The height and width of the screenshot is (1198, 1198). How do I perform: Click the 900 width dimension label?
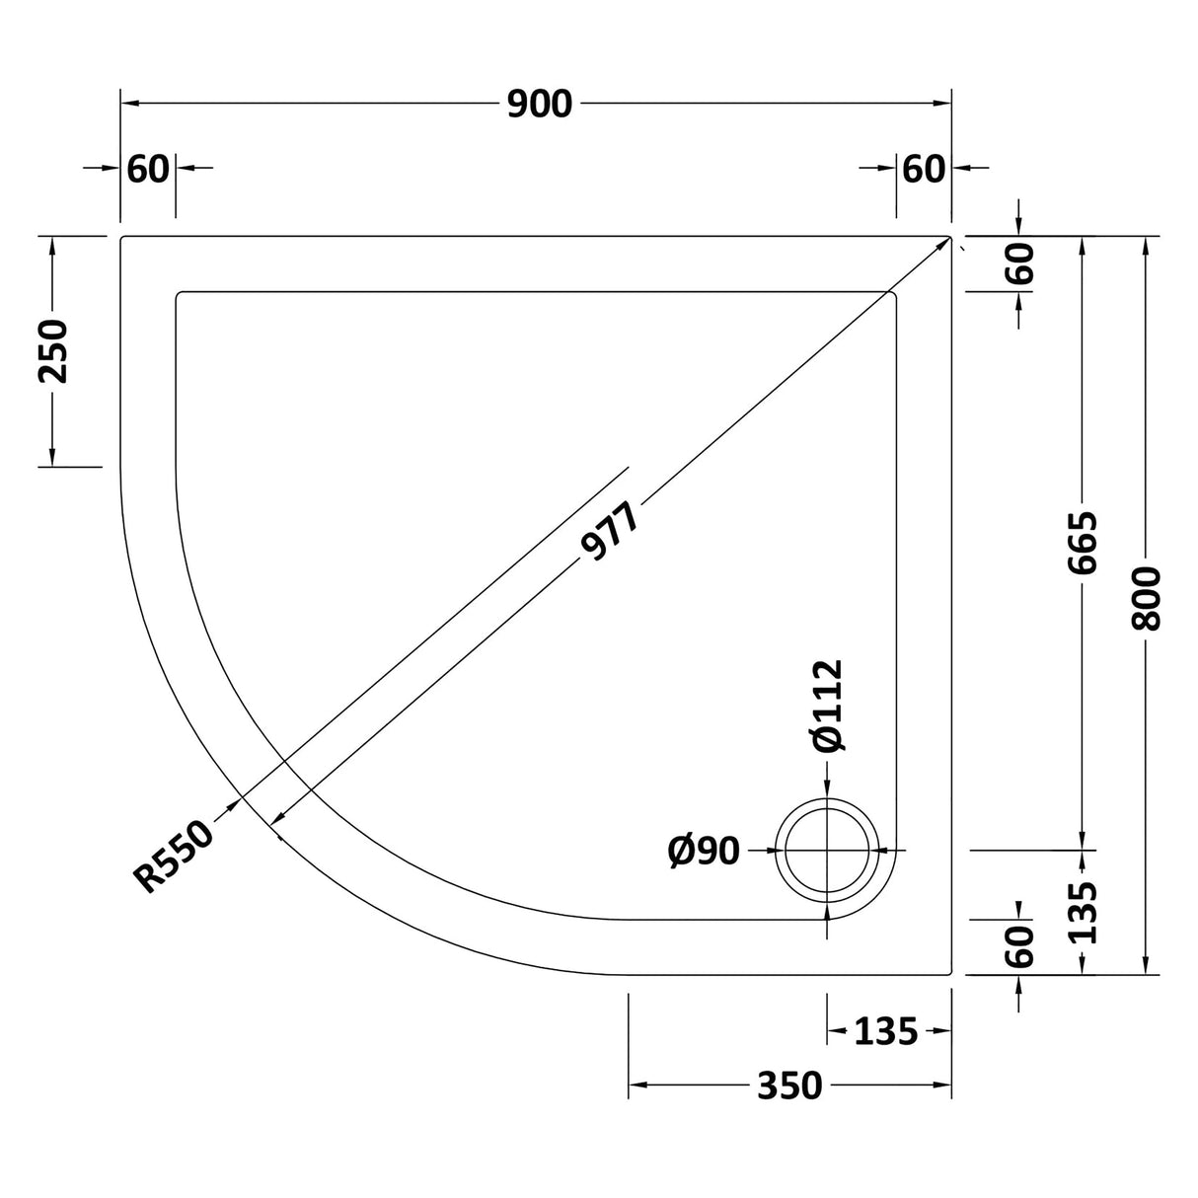pyautogui.click(x=540, y=104)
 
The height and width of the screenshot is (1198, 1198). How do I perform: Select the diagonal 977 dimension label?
pyautogui.click(x=611, y=533)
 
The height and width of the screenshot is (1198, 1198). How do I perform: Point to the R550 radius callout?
pyautogui.click(x=175, y=857)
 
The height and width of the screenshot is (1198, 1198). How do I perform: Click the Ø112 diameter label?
pyautogui.click(x=828, y=706)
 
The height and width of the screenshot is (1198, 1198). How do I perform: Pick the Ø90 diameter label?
pyautogui.click(x=704, y=850)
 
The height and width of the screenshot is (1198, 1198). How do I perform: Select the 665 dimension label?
pyautogui.click(x=1083, y=543)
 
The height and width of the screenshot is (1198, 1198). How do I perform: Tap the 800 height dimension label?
pyautogui.click(x=1147, y=599)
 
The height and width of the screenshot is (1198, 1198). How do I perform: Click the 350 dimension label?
pyautogui.click(x=789, y=1086)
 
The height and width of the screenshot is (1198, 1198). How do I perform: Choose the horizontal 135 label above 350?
pyautogui.click(x=885, y=1032)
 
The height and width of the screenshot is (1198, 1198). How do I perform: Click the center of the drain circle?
pyautogui.click(x=826, y=850)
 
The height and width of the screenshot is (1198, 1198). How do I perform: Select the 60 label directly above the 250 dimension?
pyautogui.click(x=148, y=169)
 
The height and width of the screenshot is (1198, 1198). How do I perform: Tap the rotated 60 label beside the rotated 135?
pyautogui.click(x=1020, y=946)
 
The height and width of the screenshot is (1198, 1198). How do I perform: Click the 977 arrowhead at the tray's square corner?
pyautogui.click(x=942, y=245)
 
